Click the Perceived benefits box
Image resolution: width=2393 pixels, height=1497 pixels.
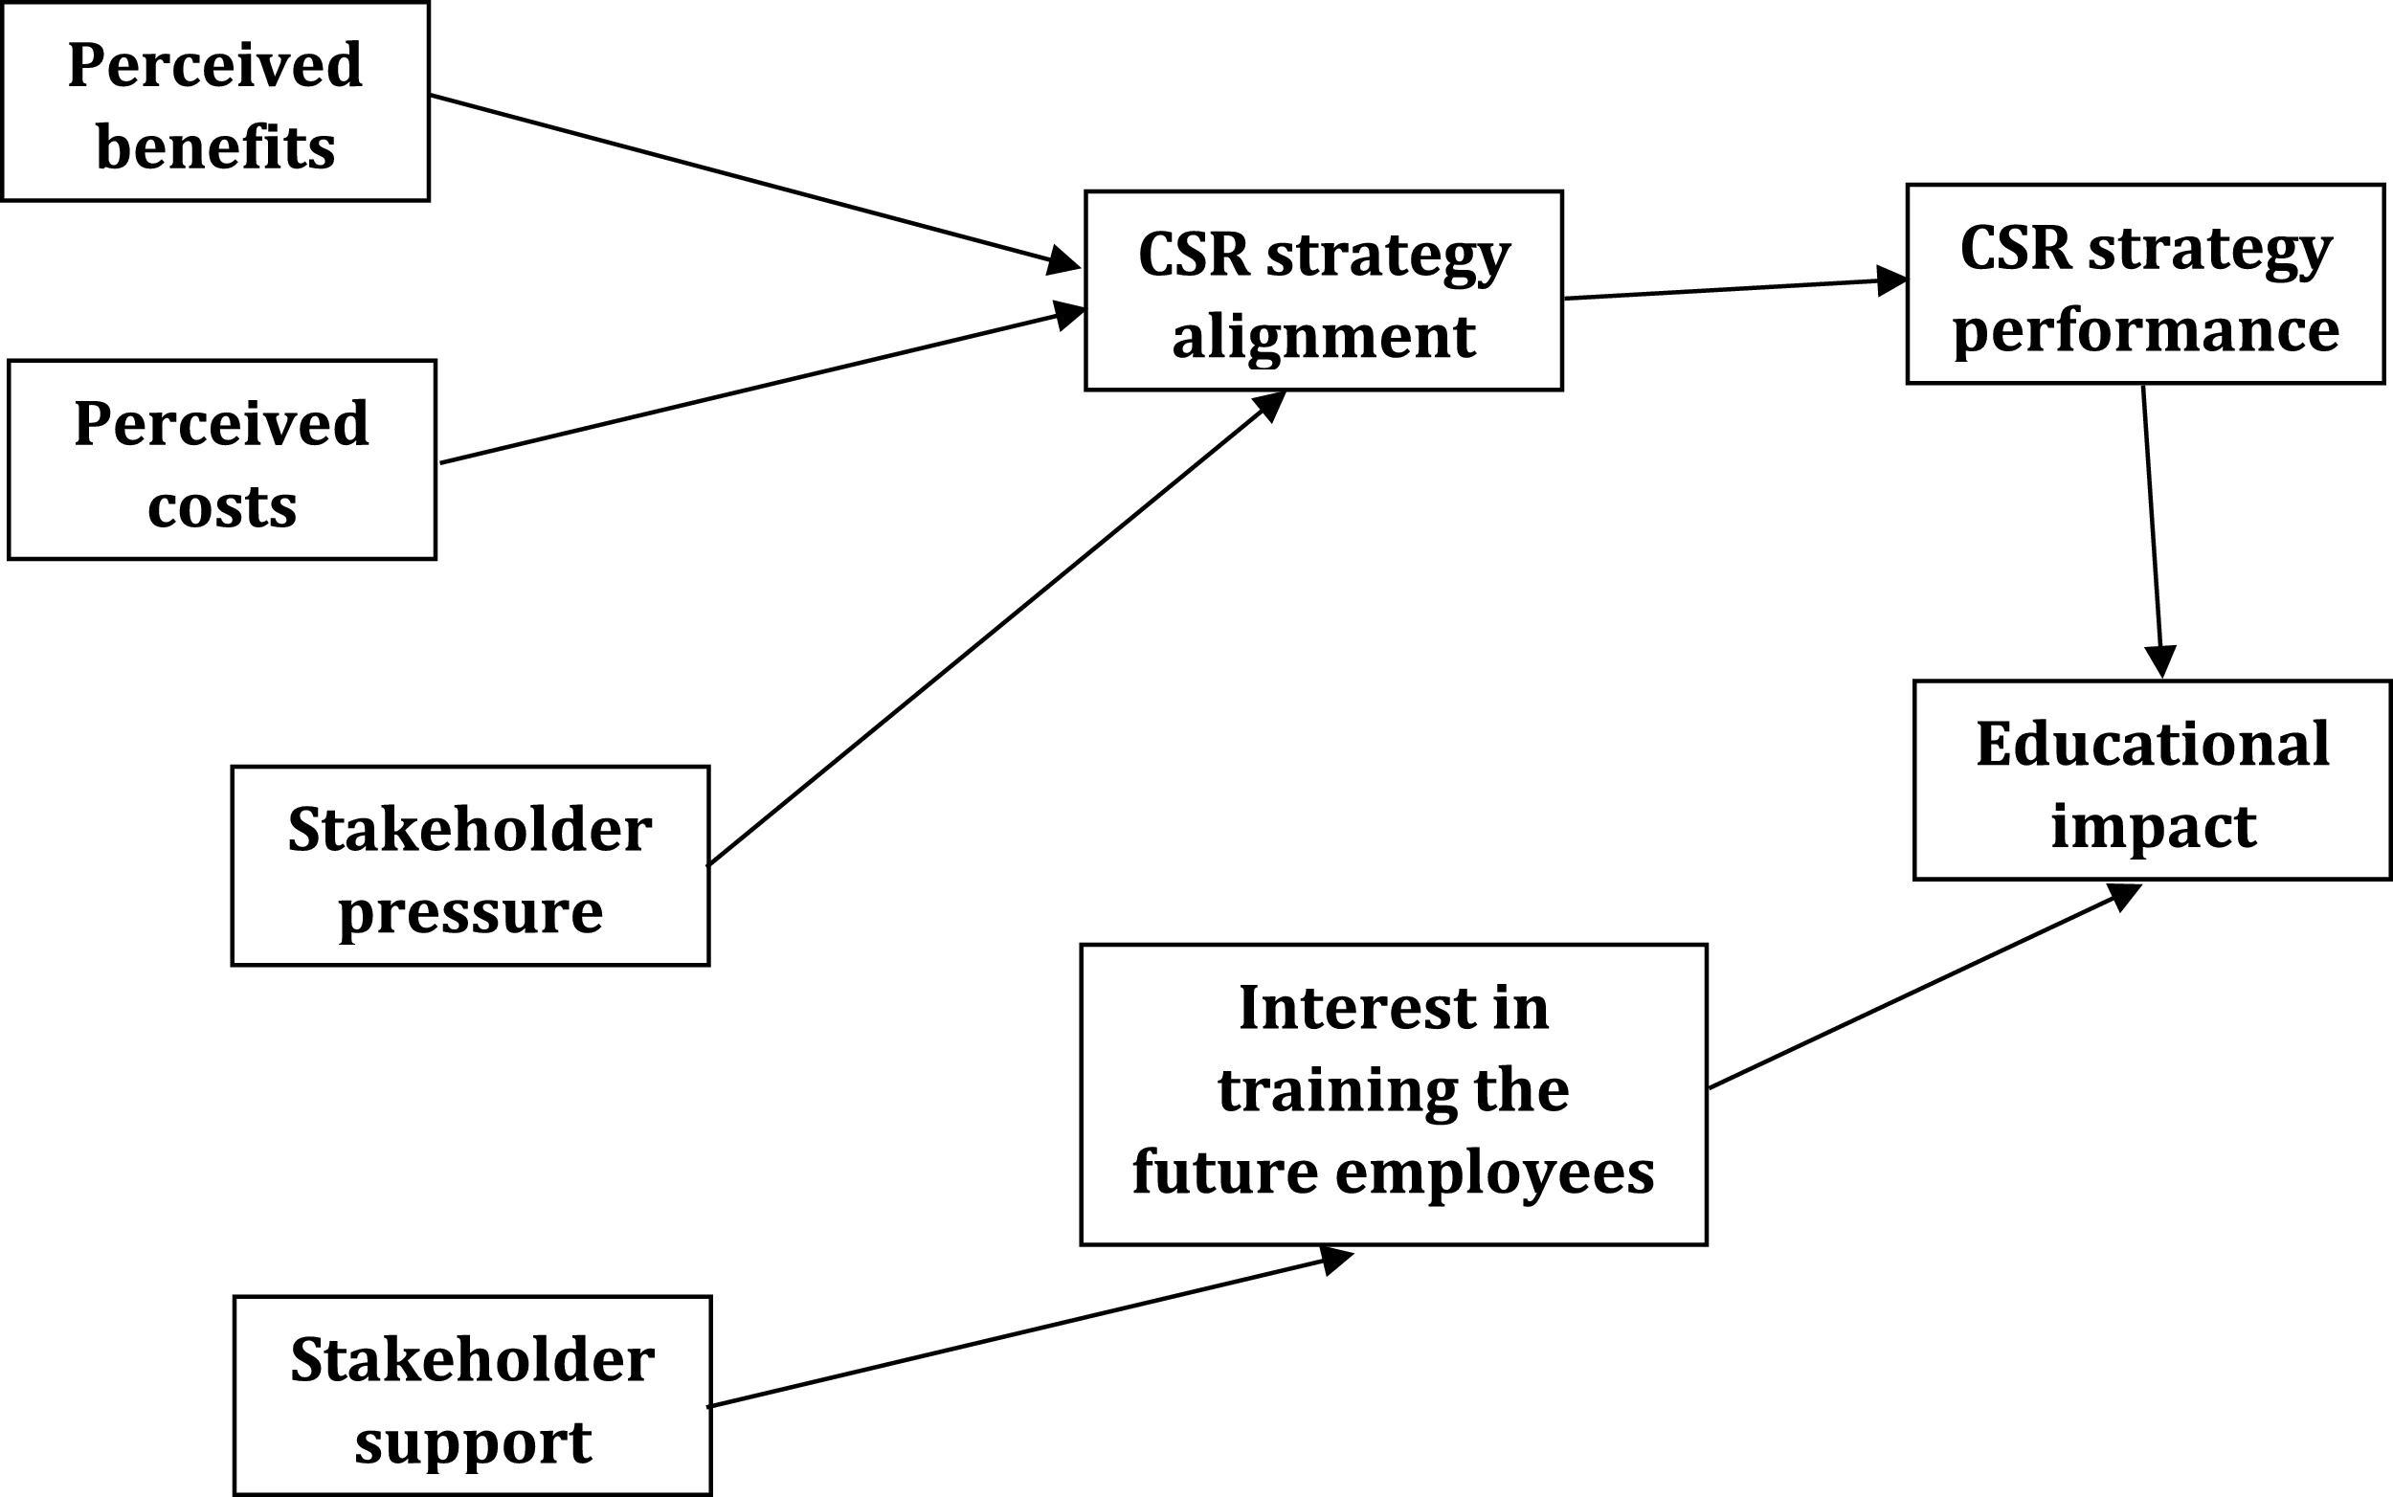pos(215,101)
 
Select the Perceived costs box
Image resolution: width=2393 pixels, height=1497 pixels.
pos(222,459)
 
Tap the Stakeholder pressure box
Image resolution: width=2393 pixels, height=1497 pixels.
pos(470,865)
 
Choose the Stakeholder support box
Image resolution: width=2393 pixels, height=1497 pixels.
pos(472,1396)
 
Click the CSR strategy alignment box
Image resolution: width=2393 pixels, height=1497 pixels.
pos(1324,290)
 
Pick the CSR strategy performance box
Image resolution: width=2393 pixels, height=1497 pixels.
pos(2145,283)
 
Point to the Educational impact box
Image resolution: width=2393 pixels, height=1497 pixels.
pos(2153,780)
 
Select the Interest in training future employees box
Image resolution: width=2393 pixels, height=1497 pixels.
pos(1394,1094)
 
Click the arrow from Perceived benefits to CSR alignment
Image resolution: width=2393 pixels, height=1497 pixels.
pos(754,182)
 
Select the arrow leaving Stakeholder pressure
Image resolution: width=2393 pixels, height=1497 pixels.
pos(996,628)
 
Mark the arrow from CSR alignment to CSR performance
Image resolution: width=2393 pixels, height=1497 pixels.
pos(1735,288)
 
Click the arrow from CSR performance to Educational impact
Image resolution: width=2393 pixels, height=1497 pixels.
pos(2153,531)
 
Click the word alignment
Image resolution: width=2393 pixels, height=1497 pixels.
pos(1324,337)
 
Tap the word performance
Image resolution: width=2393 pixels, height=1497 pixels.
pos(2145,330)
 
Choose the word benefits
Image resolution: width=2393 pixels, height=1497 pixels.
pos(215,147)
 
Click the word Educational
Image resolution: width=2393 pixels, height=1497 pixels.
pos(2153,745)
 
